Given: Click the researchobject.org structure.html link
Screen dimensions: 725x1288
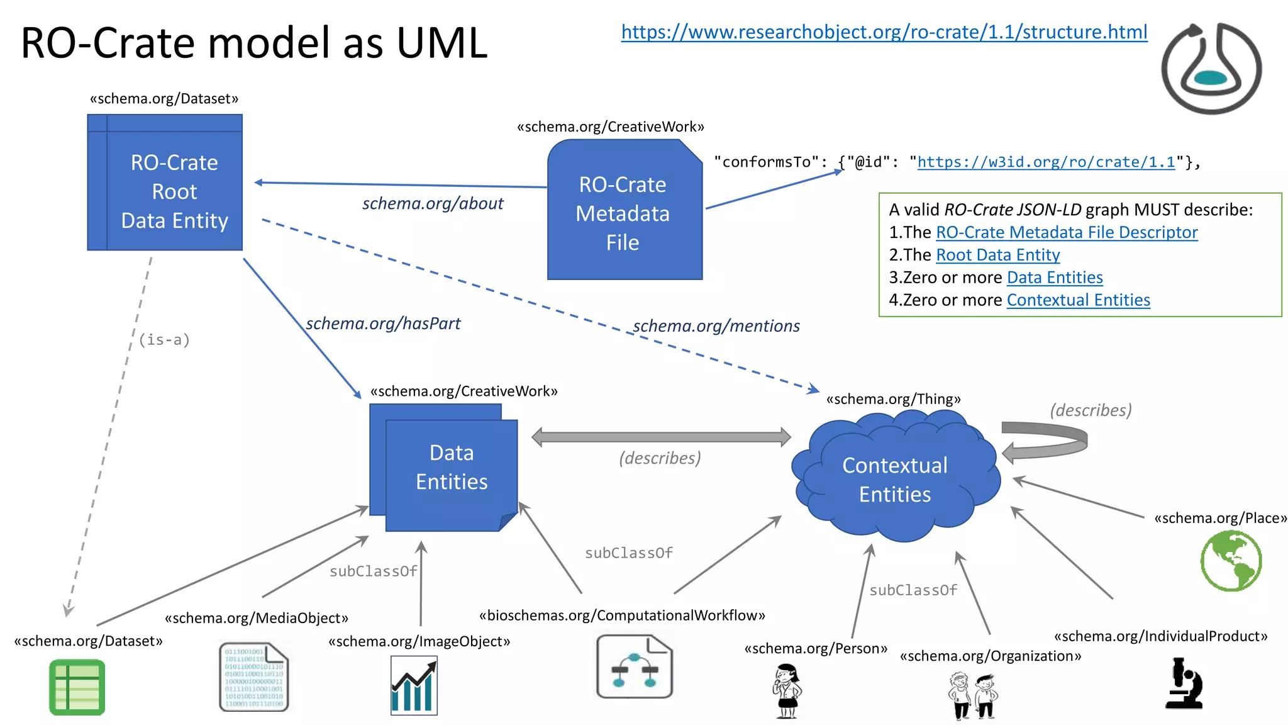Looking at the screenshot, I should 884,32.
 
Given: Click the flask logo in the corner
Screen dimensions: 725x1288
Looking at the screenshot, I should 1211,68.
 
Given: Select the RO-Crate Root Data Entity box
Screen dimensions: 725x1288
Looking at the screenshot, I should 165,183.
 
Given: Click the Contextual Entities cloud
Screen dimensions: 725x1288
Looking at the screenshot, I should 894,478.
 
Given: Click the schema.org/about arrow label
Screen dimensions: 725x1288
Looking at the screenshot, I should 433,203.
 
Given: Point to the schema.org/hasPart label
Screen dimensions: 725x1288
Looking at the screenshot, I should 383,323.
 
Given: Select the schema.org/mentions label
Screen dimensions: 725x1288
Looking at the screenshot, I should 716,326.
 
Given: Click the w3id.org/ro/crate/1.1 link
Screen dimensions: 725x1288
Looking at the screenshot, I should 1045,162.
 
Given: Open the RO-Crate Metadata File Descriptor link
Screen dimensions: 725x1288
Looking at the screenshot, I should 1066,232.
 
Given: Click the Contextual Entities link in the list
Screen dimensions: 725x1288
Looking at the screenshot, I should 1078,300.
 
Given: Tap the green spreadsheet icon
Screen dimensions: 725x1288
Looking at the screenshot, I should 77,687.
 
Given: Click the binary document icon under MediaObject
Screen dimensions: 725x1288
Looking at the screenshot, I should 254,677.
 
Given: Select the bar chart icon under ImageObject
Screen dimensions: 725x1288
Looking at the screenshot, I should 414,685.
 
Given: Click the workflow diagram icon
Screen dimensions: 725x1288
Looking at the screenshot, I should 634,666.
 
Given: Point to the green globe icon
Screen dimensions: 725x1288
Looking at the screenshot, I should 1230,560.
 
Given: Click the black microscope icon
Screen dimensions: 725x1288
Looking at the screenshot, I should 1184,683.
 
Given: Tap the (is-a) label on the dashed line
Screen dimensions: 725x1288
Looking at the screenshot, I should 164,340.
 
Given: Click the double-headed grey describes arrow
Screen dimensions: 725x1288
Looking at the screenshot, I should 660,437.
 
